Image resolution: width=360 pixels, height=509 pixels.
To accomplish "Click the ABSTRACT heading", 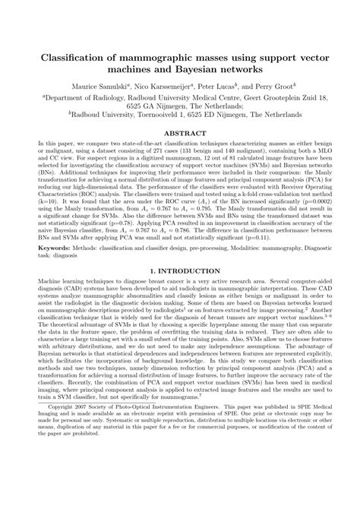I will click(179, 153).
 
